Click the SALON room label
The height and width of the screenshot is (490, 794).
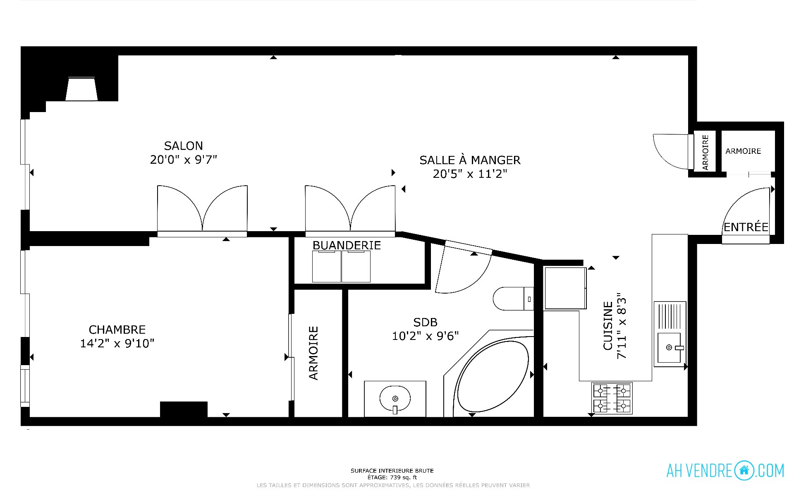click(x=184, y=146)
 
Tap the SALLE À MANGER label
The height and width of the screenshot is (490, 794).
click(x=470, y=160)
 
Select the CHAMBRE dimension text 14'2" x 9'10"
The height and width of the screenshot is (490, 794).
click(x=117, y=343)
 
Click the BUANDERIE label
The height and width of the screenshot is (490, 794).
click(x=347, y=245)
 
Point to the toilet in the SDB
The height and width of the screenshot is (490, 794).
click(x=513, y=299)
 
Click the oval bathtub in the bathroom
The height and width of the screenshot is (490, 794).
click(x=493, y=376)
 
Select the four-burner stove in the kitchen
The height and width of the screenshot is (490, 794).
click(x=612, y=398)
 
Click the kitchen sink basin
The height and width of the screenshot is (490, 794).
click(x=669, y=347)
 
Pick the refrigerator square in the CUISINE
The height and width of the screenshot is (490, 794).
click(x=565, y=288)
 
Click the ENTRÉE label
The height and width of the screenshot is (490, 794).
click(x=746, y=227)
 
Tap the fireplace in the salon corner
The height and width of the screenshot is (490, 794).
click(x=81, y=89)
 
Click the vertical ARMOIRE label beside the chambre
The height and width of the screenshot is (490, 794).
click(x=314, y=353)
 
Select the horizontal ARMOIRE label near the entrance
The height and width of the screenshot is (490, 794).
click(x=743, y=151)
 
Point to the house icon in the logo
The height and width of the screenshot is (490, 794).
click(x=744, y=470)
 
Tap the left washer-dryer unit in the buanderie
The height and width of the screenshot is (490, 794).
click(x=327, y=266)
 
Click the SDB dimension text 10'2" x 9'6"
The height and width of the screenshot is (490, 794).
click(x=425, y=336)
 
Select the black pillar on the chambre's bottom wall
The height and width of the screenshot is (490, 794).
click(x=184, y=409)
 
